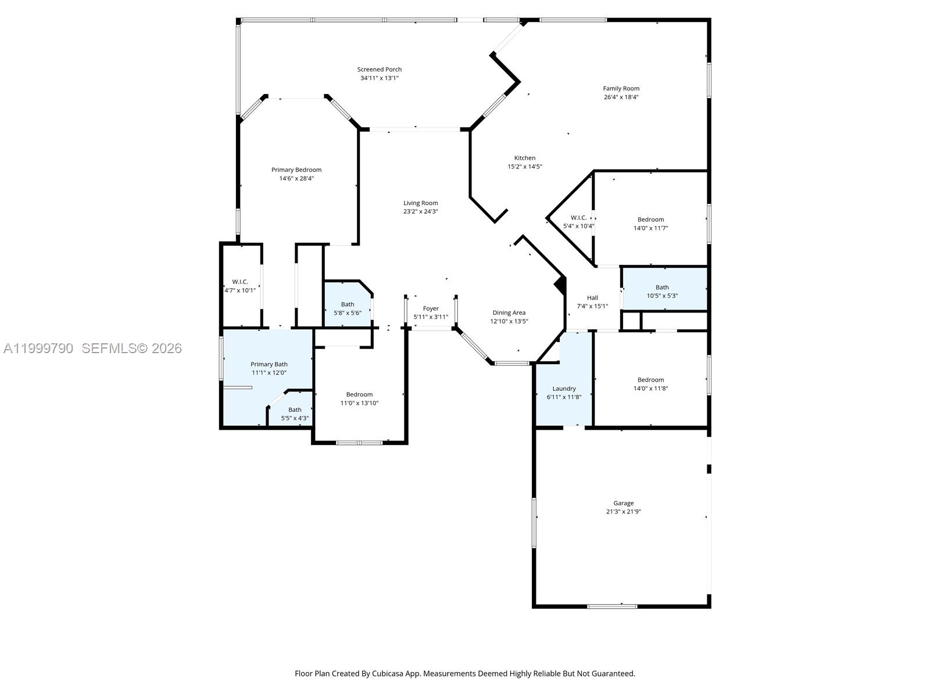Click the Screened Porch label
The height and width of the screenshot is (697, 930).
coord(379,69)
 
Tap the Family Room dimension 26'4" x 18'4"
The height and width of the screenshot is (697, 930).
coord(621,98)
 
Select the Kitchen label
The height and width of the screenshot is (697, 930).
coord(524,158)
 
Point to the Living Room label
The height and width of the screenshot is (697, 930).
coord(420,203)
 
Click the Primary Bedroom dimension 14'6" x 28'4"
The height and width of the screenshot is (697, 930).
coord(296,179)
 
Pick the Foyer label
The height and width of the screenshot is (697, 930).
coord(431,308)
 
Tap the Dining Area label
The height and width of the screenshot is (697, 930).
coord(509,312)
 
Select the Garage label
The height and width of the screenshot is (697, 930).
coord(623,503)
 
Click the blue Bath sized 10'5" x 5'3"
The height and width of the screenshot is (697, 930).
coord(663,290)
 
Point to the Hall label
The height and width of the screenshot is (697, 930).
coord(592,298)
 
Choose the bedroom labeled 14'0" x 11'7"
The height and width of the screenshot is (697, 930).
coord(650,224)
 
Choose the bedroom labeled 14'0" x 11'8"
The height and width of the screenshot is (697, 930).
coord(650,384)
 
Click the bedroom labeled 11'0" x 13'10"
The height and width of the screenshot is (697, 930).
coord(359,398)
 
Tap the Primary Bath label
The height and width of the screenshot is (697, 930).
coord(269,364)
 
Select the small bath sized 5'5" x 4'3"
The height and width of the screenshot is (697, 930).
coord(295,414)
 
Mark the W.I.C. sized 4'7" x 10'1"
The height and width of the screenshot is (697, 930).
coord(240,286)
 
